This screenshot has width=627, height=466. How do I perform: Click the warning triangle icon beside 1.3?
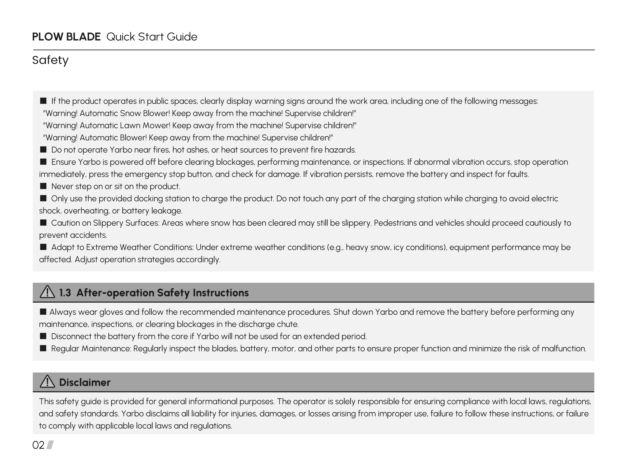pos(47,292)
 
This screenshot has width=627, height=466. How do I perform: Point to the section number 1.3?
pos(65,293)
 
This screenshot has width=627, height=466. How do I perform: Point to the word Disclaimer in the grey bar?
pos(85,382)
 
